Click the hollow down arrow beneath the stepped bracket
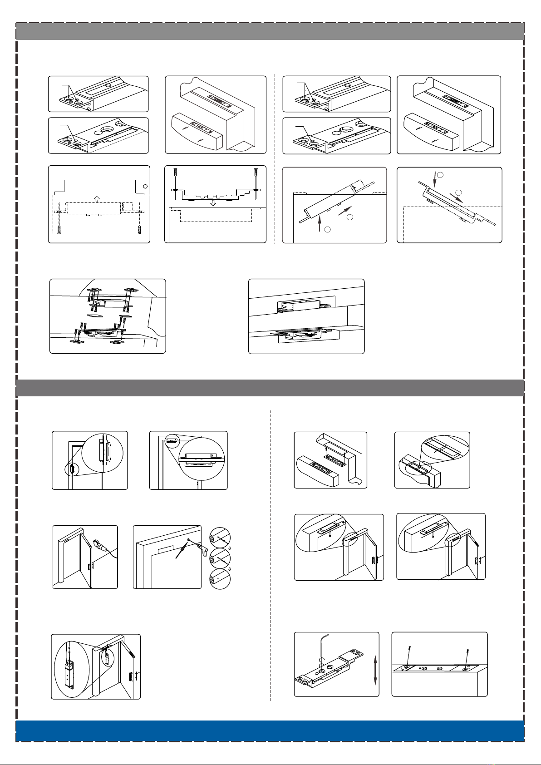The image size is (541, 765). click(x=214, y=202)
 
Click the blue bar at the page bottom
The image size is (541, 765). click(x=270, y=730)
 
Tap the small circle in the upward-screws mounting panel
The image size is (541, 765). click(x=145, y=187)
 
